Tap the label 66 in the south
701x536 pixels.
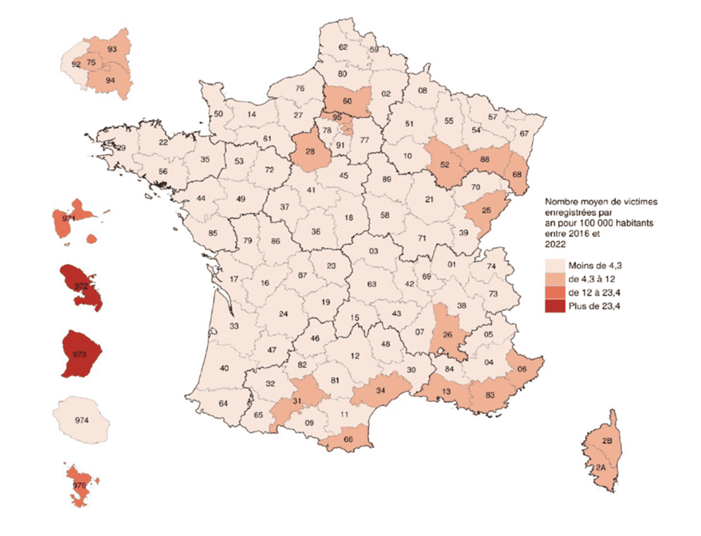pyautogui.click(x=348, y=440)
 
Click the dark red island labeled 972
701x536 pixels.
pyautogui.click(x=81, y=286)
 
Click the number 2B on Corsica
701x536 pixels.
pyautogui.click(x=606, y=441)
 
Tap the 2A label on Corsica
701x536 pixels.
pyautogui.click(x=601, y=468)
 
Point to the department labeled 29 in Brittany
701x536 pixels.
pyautogui.click(x=121, y=148)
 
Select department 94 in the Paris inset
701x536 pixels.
pyautogui.click(x=110, y=80)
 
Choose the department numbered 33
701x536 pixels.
pyautogui.click(x=234, y=327)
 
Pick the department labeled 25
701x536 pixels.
pyautogui.click(x=486, y=209)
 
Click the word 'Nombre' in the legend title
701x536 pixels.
pyautogui.click(x=561, y=202)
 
